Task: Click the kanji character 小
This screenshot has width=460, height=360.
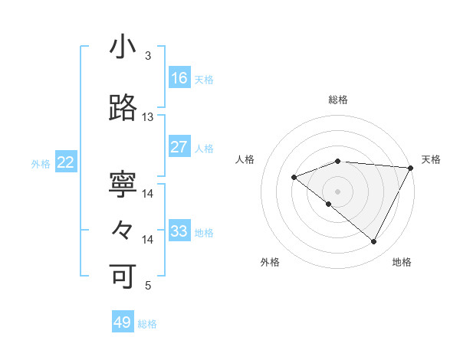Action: point(123,48)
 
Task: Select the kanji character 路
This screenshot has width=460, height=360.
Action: point(123,109)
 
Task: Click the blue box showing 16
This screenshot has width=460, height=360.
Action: point(179,77)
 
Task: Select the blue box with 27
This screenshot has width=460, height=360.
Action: point(179,146)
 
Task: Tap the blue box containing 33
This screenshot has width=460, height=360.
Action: point(179,231)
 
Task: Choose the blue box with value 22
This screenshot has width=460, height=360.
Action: point(66,162)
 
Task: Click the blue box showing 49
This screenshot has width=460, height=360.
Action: point(123,322)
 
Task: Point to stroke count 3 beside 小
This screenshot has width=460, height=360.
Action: point(148,56)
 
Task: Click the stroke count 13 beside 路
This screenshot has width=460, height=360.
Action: point(148,117)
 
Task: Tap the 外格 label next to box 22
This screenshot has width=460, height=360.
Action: point(41,163)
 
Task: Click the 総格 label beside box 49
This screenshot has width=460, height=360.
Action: point(147,324)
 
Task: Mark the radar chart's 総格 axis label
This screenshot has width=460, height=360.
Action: point(337,100)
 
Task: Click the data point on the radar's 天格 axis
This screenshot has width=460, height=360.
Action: point(411,167)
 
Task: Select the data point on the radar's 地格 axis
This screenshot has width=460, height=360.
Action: point(373,242)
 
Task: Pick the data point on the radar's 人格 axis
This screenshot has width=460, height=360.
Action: point(294,177)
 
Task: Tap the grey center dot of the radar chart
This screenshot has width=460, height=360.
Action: point(337,191)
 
